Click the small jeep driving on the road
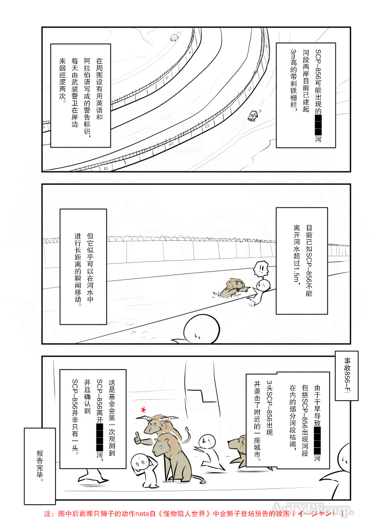(x=252, y=115)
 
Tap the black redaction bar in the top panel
(x=318, y=125)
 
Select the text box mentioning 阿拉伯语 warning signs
(x=81, y=96)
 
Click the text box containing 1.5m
(x=302, y=261)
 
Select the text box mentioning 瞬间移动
(x=83, y=266)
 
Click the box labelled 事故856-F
(x=346, y=376)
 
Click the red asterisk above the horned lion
(x=143, y=410)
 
